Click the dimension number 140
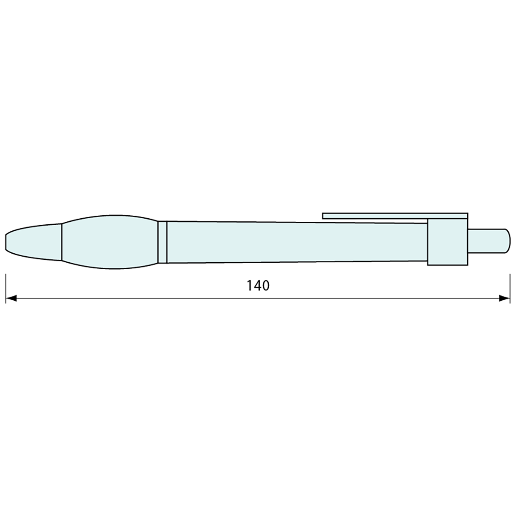point(258,285)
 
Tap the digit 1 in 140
point(250,285)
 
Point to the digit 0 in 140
point(266,285)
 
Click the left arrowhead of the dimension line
point(11,298)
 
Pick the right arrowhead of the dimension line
point(504,298)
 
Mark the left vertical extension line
point(6,288)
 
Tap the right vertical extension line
point(510,288)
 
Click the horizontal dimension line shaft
point(258,298)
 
